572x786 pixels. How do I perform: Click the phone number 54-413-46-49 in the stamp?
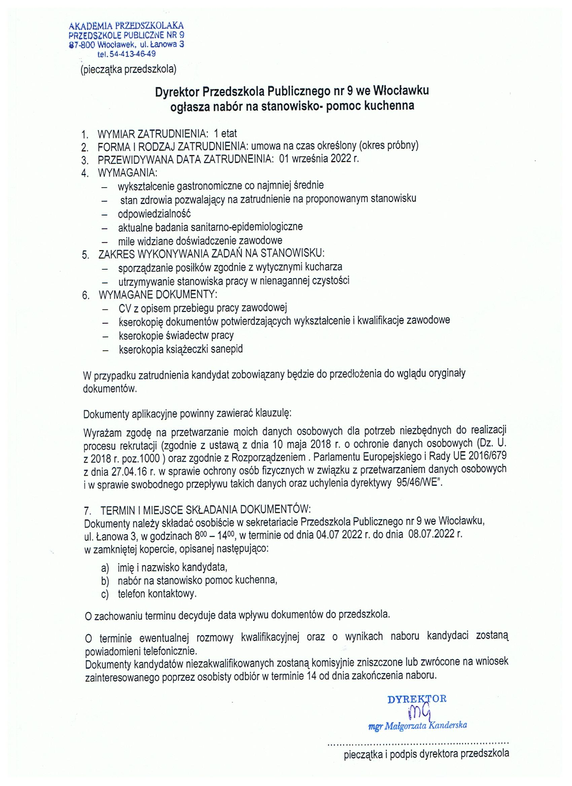pos(133,54)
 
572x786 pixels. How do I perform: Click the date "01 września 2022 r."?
pos(319,159)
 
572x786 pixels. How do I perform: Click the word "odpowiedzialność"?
pos(154,213)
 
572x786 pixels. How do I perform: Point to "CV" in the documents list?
pos(124,308)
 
